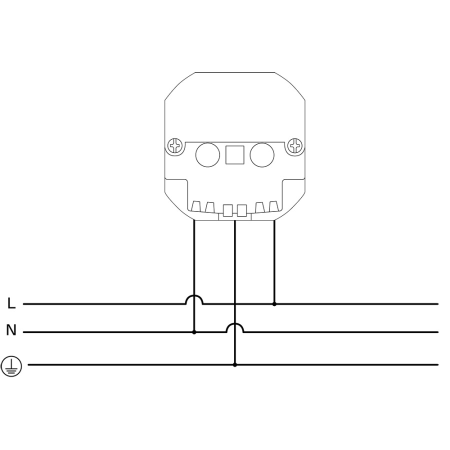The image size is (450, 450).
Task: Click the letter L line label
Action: pyautogui.click(x=11, y=303)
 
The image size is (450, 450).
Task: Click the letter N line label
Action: pyautogui.click(x=11, y=330)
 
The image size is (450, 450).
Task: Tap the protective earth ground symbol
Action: pyautogui.click(x=11, y=366)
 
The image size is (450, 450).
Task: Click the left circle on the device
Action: pyautogui.click(x=207, y=155)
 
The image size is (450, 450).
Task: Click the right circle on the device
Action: pyautogui.click(x=262, y=155)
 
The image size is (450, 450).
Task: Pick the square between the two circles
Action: pyautogui.click(x=235, y=155)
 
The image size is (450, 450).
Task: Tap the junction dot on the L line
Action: pyautogui.click(x=274, y=304)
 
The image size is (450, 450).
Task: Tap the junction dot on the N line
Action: pyautogui.click(x=194, y=332)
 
